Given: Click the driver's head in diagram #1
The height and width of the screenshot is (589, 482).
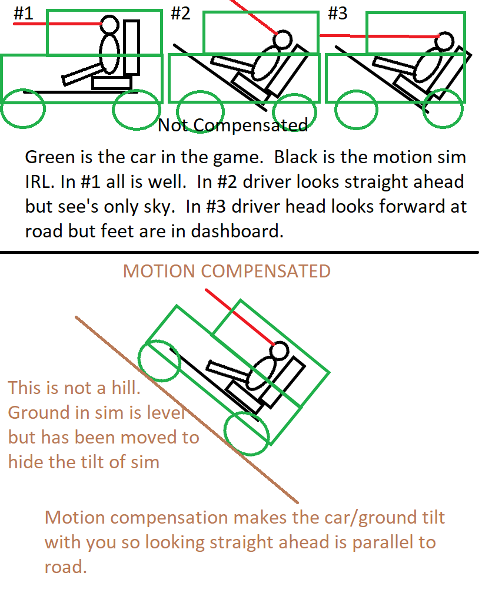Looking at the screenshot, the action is (110, 24).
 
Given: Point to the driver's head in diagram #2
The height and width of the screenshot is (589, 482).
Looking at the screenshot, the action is (283, 38).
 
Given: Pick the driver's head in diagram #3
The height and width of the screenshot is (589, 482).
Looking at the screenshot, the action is (445, 41).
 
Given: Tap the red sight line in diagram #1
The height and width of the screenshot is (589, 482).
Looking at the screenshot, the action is (58, 24).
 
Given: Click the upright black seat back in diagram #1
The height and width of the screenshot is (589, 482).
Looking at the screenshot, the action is (132, 47).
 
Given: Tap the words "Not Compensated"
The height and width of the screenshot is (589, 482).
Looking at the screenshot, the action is (232, 125).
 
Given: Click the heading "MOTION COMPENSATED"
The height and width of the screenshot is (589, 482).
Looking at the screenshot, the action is (227, 271).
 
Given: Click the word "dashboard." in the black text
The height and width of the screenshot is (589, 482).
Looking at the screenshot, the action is (237, 231).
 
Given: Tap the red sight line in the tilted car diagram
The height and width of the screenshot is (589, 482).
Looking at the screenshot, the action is (240, 317).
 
